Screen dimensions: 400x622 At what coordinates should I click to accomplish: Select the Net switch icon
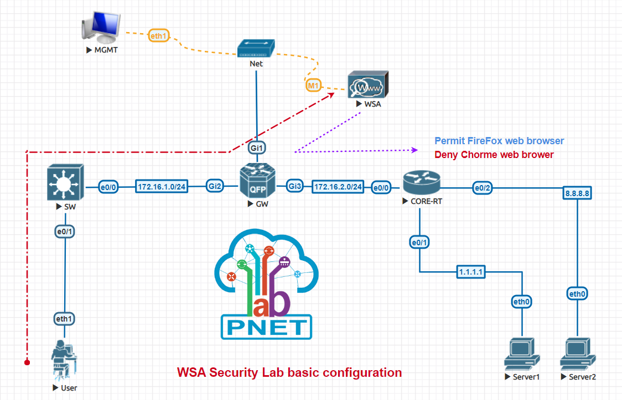[256, 48]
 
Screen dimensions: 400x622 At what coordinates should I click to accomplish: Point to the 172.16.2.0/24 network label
[338, 187]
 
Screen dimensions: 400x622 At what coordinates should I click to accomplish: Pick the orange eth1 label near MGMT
[158, 37]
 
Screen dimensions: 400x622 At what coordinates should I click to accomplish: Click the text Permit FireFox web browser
[499, 141]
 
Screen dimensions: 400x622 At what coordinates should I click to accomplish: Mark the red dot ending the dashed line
[26, 362]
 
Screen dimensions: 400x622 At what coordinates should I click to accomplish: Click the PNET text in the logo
[266, 327]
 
